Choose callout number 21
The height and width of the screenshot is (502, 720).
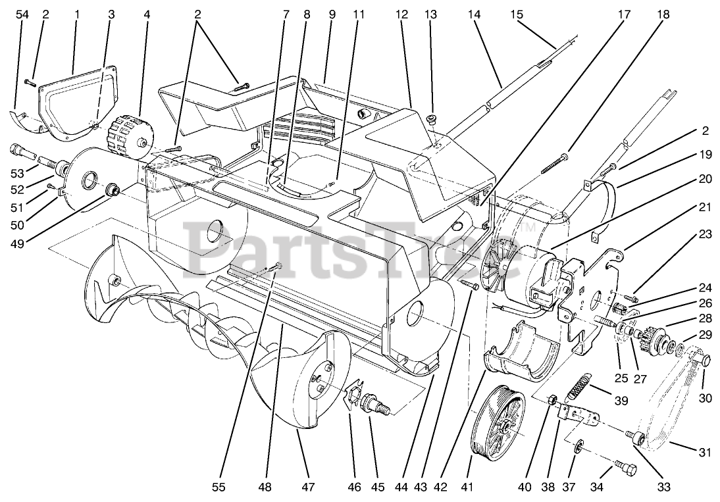[705, 208]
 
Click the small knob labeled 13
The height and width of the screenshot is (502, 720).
[432, 119]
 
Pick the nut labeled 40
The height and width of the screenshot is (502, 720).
[554, 399]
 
